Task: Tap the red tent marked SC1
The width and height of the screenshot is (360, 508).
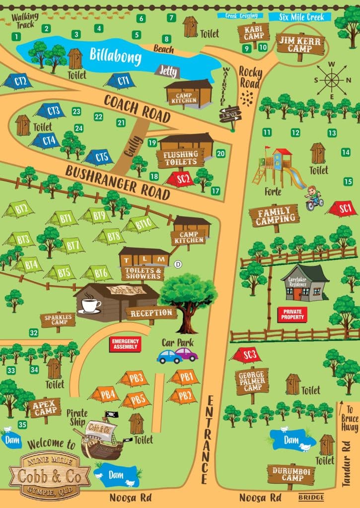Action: (x=342, y=208)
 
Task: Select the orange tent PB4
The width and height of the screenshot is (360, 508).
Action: (x=105, y=395)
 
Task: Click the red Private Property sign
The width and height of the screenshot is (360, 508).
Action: (x=292, y=315)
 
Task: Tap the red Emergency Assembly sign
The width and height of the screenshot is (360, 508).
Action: (x=126, y=344)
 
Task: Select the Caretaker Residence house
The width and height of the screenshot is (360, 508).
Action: (x=304, y=283)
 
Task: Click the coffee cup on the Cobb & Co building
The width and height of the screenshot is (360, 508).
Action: (x=91, y=305)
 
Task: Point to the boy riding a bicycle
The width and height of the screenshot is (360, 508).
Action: (x=313, y=197)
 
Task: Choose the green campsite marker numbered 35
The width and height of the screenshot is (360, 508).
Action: (x=22, y=425)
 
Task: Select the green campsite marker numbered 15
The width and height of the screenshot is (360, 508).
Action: (x=348, y=182)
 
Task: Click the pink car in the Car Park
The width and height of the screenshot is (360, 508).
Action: (x=186, y=354)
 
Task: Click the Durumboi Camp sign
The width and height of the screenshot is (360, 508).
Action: (x=290, y=474)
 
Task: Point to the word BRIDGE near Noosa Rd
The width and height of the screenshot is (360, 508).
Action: (x=311, y=497)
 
